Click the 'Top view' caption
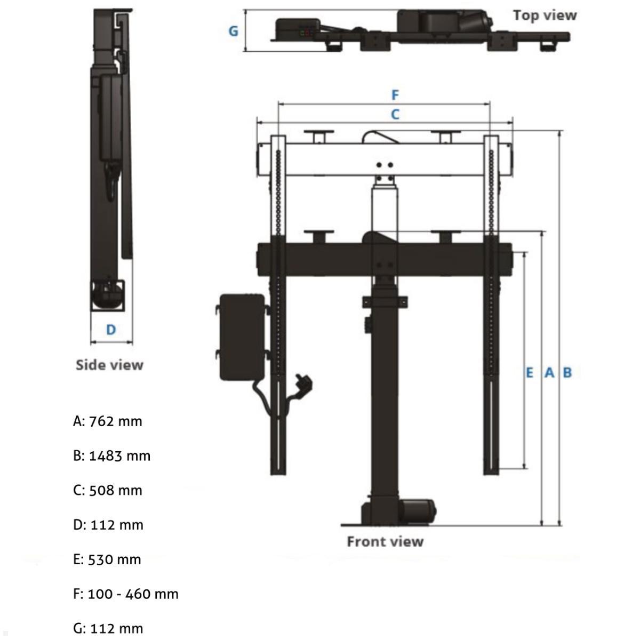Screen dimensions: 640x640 pyautogui.click(x=545, y=15)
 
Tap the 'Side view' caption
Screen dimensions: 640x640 pyautogui.click(x=109, y=365)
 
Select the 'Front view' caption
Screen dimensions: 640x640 pyautogui.click(x=385, y=542)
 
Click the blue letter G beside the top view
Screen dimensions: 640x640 pyautogui.click(x=233, y=31)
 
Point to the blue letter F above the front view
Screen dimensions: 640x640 pyautogui.click(x=395, y=95)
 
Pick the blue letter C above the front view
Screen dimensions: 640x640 pyautogui.click(x=395, y=114)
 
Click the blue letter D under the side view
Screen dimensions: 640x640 pyautogui.click(x=111, y=330)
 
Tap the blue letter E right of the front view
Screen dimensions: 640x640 pyautogui.click(x=529, y=372)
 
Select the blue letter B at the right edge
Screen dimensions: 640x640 pyautogui.click(x=567, y=372)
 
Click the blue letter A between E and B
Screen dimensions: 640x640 pyautogui.click(x=549, y=372)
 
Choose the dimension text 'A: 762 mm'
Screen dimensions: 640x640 pyautogui.click(x=108, y=421)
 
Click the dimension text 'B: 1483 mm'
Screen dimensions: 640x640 pyautogui.click(x=112, y=456)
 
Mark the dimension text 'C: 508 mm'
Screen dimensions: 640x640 pyautogui.click(x=108, y=491)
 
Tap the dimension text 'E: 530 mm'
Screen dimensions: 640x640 pyautogui.click(x=107, y=559)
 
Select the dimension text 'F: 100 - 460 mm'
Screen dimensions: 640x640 pyautogui.click(x=126, y=594)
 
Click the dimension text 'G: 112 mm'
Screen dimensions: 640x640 pyautogui.click(x=108, y=628)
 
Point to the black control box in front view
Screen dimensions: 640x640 pyautogui.click(x=242, y=337)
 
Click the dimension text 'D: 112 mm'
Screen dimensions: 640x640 pyautogui.click(x=108, y=525)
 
